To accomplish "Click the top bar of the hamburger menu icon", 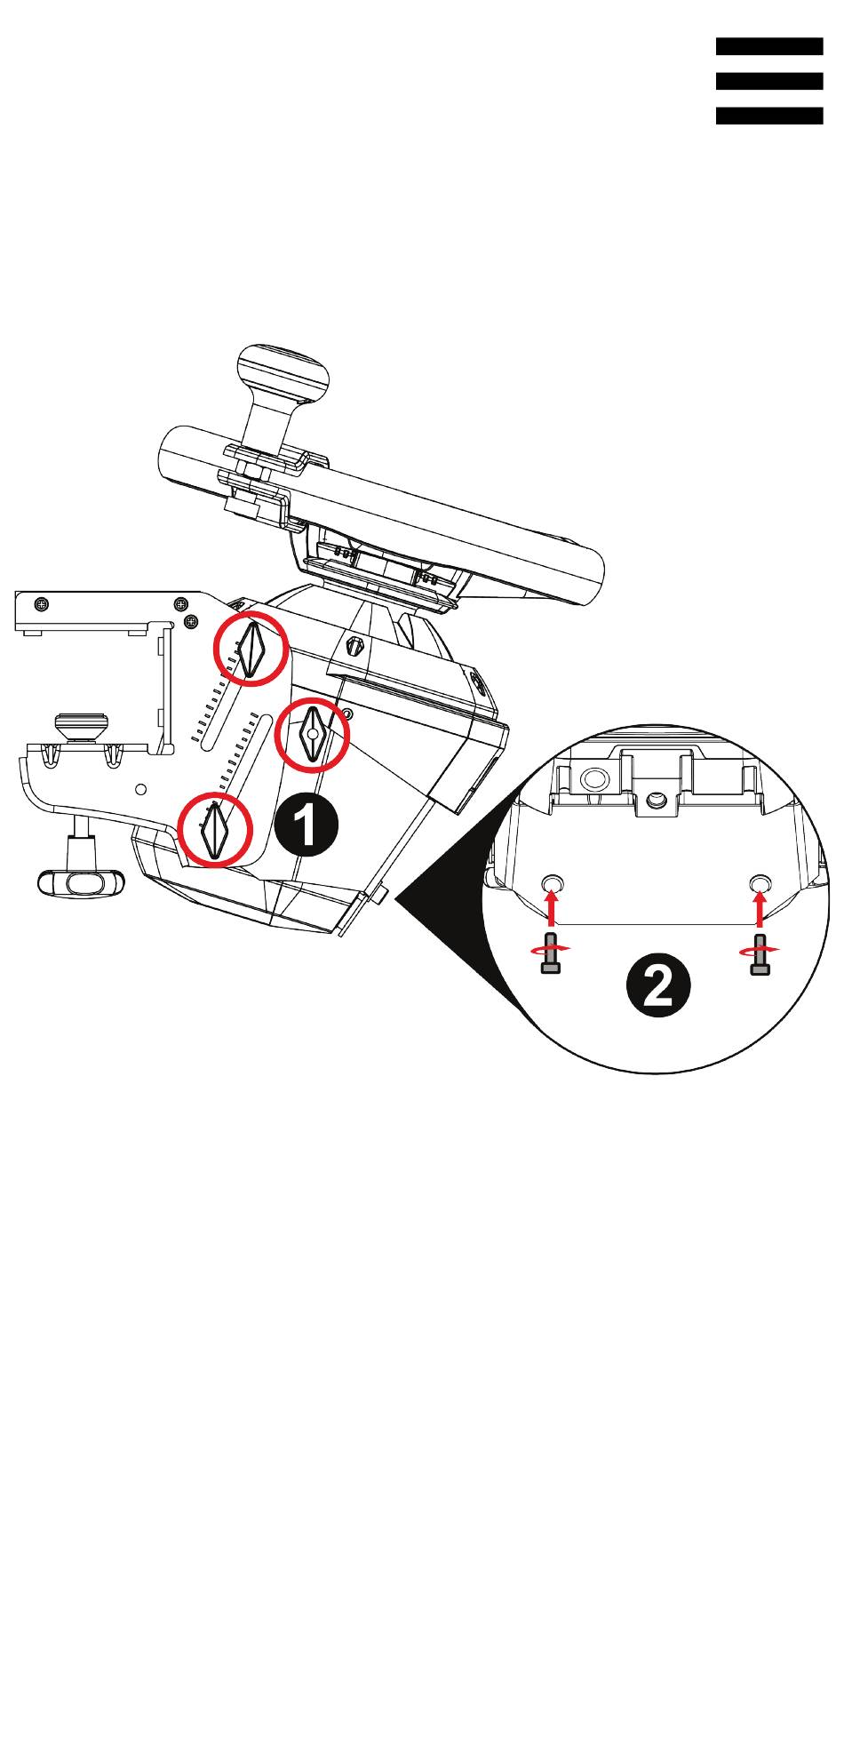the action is [x=769, y=46].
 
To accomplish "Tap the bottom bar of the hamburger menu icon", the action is [x=769, y=116].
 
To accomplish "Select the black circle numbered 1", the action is [x=306, y=826].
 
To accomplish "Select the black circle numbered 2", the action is [x=657, y=987].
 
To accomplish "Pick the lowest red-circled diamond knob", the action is [x=216, y=830].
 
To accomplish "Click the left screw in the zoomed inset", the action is [x=551, y=953].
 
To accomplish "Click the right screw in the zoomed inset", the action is [x=759, y=953].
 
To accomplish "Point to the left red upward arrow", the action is [x=552, y=908].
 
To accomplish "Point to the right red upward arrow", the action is [x=759, y=908].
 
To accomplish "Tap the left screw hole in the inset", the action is [x=553, y=882].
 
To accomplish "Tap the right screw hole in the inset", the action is [x=760, y=882].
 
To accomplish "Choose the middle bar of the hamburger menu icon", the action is [x=769, y=81].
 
